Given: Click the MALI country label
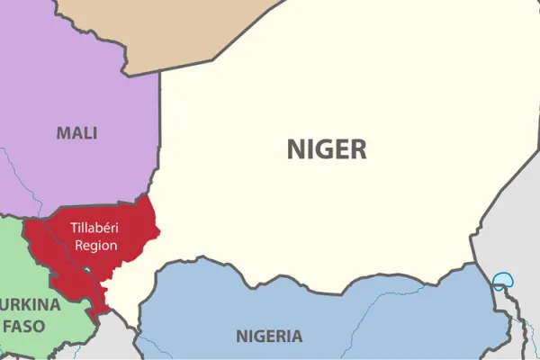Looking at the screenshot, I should (x=76, y=133).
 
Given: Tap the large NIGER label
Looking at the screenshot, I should (x=327, y=148).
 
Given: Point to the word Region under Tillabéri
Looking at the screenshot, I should (x=95, y=245).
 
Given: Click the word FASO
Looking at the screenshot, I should (x=28, y=325).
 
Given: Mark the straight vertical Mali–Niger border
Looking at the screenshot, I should (x=160, y=126).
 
